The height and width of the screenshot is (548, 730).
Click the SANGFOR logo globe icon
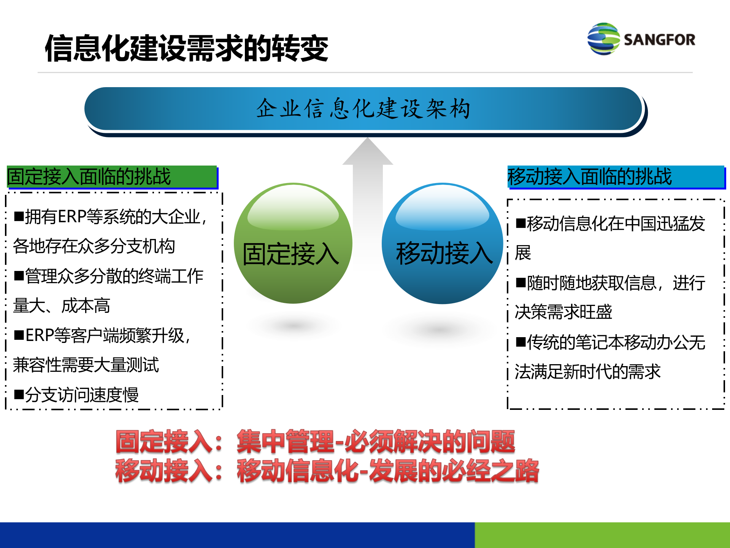click(x=603, y=39)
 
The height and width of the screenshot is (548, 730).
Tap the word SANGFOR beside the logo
click(x=659, y=40)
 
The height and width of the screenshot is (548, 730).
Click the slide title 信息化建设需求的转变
click(x=186, y=48)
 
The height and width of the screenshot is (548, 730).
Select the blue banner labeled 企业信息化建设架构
click(x=363, y=109)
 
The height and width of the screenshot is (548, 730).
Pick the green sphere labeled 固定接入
click(x=293, y=244)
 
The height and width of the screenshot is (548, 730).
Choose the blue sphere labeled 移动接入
click(x=442, y=244)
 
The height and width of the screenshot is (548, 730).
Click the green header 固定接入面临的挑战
click(x=112, y=177)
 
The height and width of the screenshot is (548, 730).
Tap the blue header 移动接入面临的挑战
click(x=616, y=177)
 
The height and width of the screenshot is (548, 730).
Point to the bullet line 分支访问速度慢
click(x=81, y=395)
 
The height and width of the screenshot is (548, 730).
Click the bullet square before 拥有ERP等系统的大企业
click(x=19, y=217)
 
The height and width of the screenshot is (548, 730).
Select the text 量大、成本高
click(x=62, y=306)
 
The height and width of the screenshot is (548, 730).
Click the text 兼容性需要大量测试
click(x=86, y=365)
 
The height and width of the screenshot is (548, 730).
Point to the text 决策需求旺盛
click(x=563, y=312)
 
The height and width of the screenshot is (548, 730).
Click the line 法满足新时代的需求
click(x=587, y=372)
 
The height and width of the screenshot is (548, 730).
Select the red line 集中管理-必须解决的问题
click(x=376, y=442)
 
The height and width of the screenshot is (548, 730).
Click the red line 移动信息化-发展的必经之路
click(x=388, y=471)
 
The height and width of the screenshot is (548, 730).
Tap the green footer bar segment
click(x=602, y=535)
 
